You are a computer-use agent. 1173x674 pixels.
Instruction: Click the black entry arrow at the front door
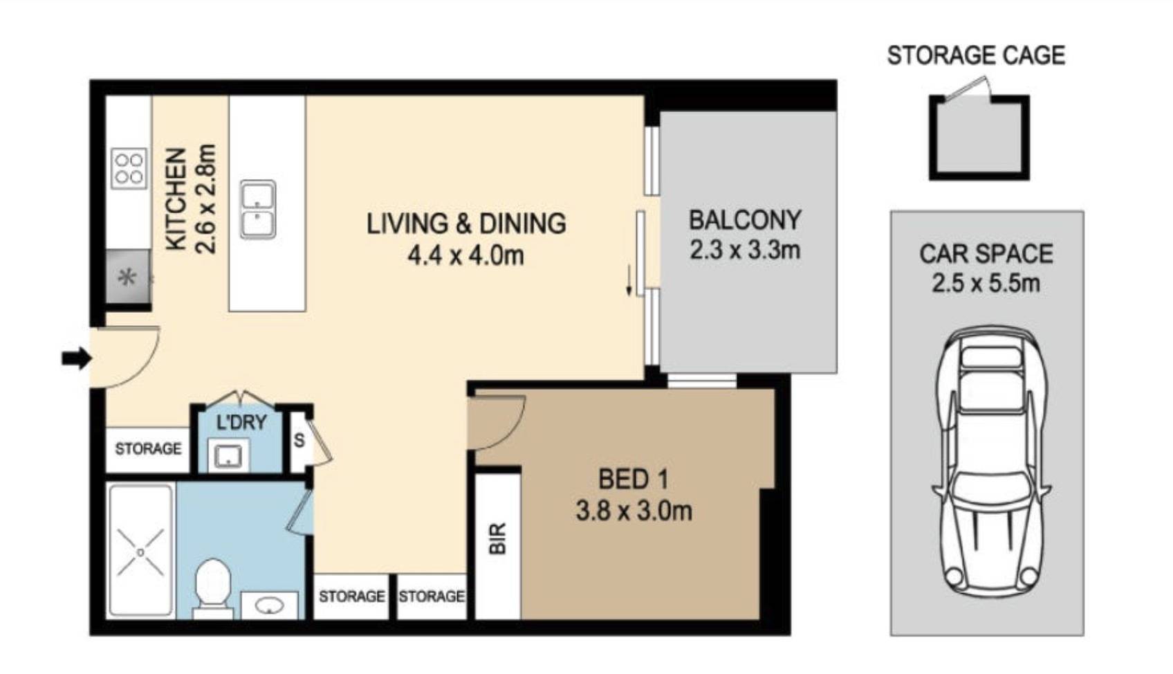click(x=77, y=358)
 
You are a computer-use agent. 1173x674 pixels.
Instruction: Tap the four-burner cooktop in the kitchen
click(x=129, y=168)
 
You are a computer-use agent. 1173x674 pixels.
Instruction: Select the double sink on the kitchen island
click(x=258, y=209)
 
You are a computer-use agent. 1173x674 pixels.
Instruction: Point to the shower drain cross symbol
click(x=140, y=552)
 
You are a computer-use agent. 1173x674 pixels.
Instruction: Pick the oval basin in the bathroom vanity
click(x=269, y=606)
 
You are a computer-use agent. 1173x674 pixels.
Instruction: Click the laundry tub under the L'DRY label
click(x=229, y=455)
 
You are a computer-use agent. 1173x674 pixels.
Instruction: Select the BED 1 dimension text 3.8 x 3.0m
click(x=634, y=511)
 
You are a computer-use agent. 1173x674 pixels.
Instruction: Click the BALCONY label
click(x=745, y=220)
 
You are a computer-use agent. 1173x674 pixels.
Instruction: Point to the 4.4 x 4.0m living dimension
click(x=466, y=256)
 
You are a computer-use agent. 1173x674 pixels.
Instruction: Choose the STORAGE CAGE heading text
click(x=976, y=55)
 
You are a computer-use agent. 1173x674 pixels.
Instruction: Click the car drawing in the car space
click(x=991, y=462)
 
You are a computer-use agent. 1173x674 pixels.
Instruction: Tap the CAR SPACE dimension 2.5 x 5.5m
click(x=986, y=284)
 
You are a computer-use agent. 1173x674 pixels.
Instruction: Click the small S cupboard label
click(x=299, y=439)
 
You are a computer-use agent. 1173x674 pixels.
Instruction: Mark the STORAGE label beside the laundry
click(x=148, y=448)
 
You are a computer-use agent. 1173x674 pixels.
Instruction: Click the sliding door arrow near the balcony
click(x=629, y=281)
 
